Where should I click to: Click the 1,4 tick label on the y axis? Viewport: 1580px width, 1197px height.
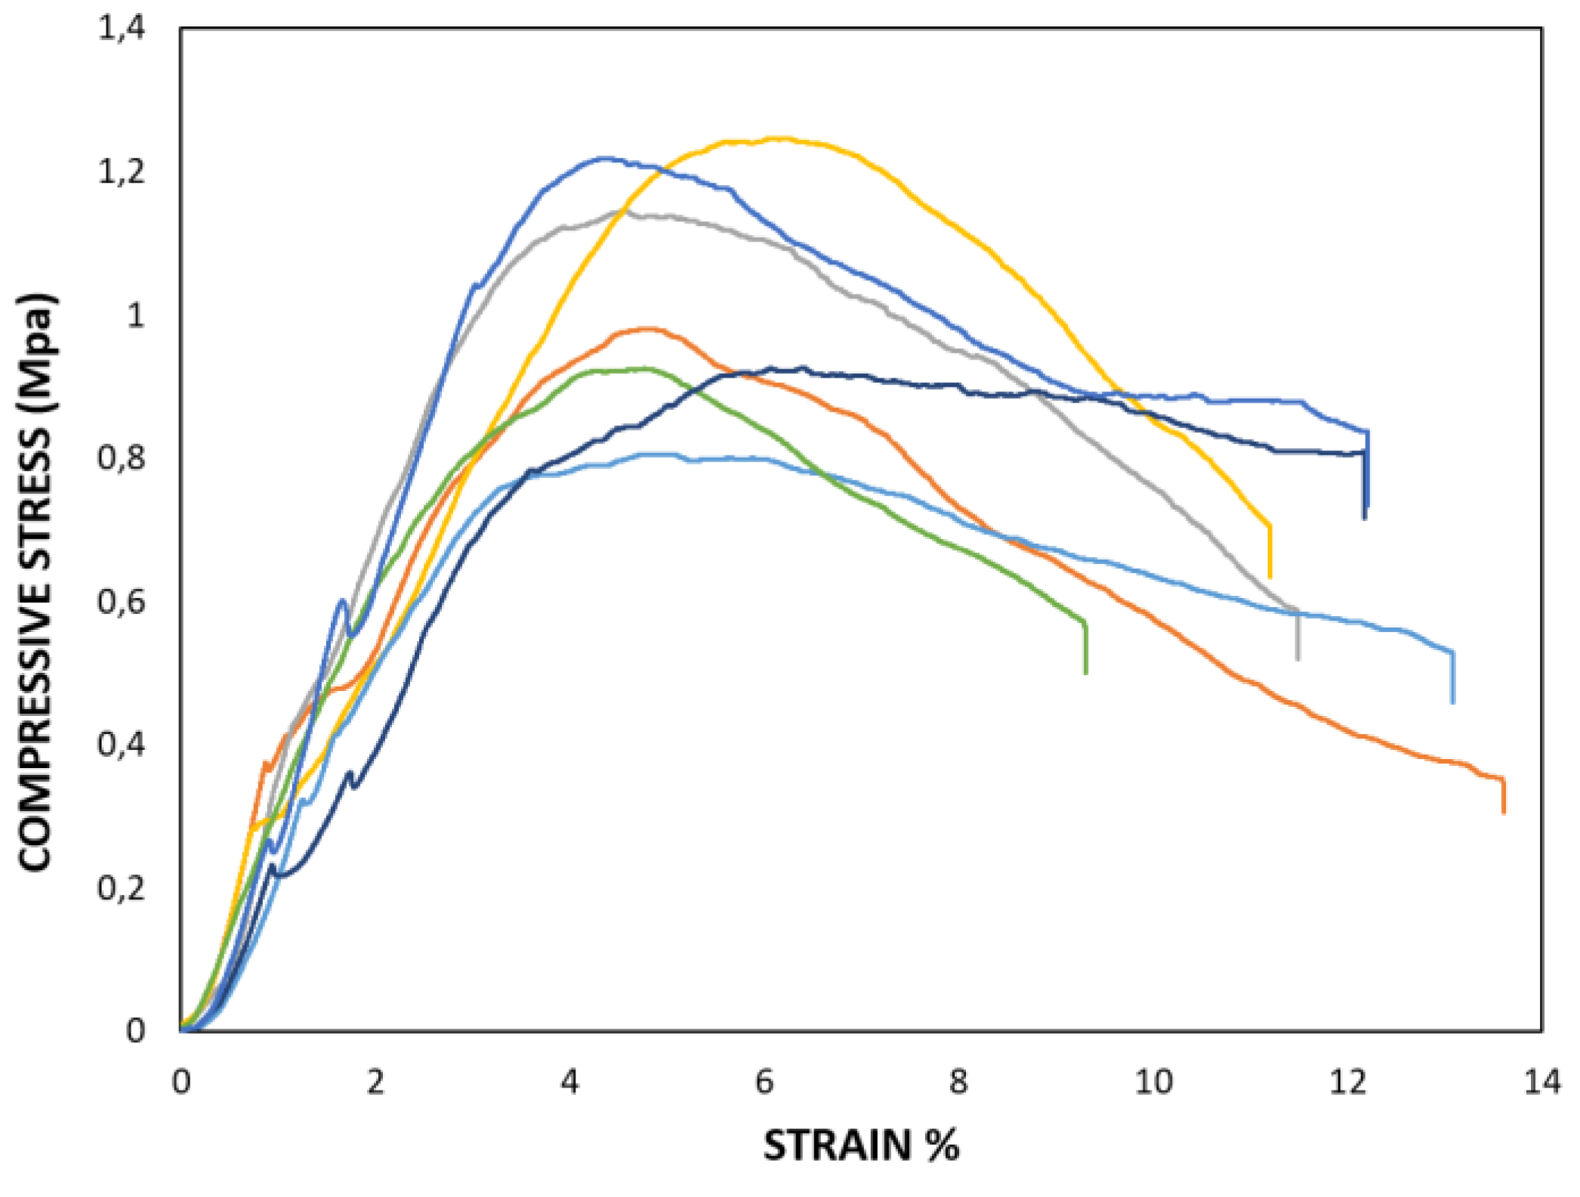[121, 29]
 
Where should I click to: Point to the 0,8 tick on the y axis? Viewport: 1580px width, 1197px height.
[121, 458]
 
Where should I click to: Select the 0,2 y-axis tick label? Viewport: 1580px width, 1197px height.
[121, 888]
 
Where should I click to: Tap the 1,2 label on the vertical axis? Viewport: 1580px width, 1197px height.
[121, 172]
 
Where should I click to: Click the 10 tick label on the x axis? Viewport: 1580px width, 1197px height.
[1153, 1082]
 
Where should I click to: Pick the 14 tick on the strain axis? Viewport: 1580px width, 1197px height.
[1541, 1082]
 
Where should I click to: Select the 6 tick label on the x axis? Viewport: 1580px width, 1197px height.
[764, 1082]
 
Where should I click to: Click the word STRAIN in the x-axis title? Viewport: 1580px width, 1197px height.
[837, 1146]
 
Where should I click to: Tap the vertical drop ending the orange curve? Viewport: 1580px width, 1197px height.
[1503, 796]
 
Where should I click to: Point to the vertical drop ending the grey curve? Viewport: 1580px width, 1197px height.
[1298, 634]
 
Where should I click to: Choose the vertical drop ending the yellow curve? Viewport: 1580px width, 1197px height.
[1270, 551]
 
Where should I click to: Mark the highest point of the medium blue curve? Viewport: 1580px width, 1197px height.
[604, 158]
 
